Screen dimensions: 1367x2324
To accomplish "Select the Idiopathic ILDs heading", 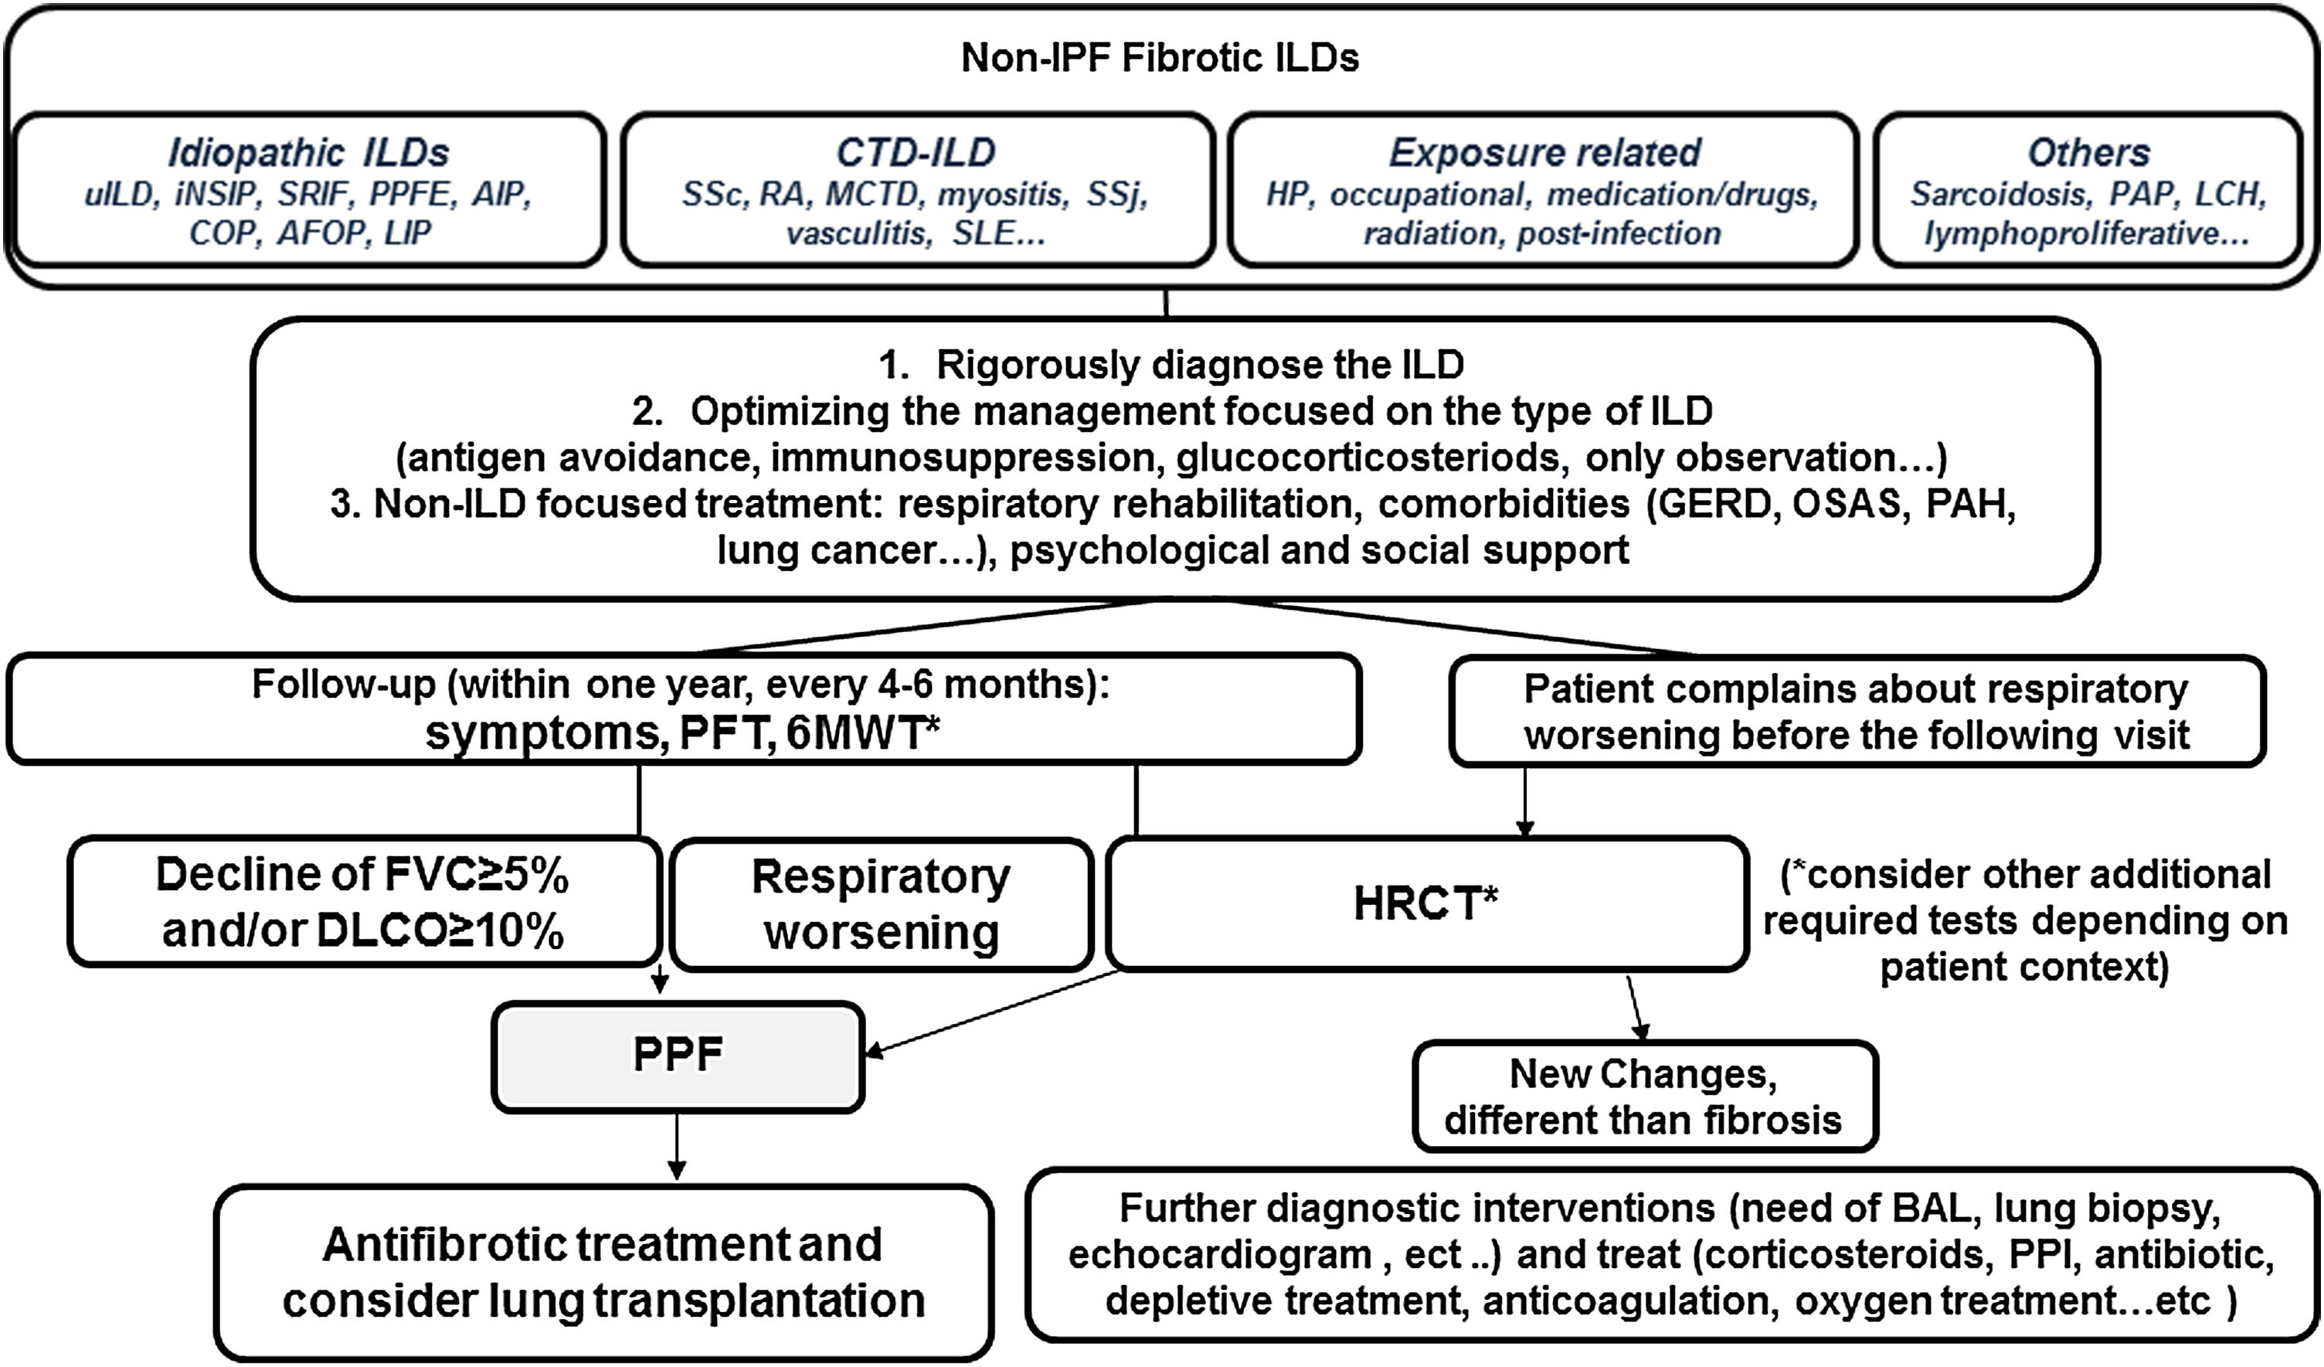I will (x=308, y=152).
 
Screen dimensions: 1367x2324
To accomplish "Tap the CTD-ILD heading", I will (x=916, y=152).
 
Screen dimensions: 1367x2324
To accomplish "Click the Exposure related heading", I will (x=1544, y=152).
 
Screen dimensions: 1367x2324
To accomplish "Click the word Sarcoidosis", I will (x=1997, y=194).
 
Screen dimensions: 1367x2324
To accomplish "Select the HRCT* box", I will (x=1425, y=903).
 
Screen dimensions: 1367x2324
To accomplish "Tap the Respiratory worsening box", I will (x=881, y=903).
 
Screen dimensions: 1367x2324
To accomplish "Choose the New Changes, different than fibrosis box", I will (x=1643, y=1097).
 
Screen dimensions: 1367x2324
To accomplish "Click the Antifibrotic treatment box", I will (x=603, y=1272).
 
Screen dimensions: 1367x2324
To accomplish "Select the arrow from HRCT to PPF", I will (x=991, y=1012).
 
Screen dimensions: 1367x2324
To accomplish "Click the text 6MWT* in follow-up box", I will (x=863, y=733).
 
